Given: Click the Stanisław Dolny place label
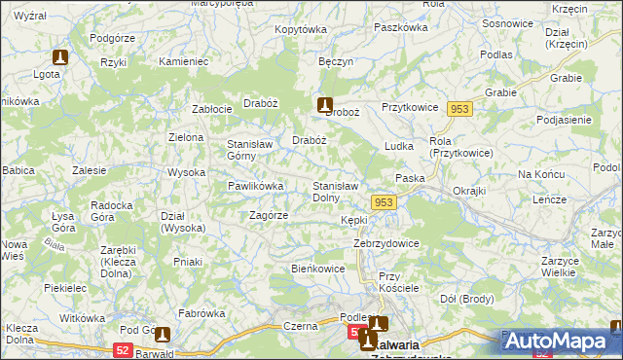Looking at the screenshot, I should pos(336,191).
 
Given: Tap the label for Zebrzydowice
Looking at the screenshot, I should pos(386,243).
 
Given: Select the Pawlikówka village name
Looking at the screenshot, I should pos(255,186).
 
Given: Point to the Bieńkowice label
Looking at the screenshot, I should pos(318,269).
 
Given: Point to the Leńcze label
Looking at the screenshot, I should pos(550,199).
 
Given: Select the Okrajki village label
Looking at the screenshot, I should pos(469,191).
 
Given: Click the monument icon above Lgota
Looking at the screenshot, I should pos(61,57).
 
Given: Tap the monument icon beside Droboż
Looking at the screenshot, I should pos(325,104).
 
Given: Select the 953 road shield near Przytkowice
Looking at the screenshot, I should pos(460,110).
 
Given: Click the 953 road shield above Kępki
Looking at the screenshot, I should pos(384,201).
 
